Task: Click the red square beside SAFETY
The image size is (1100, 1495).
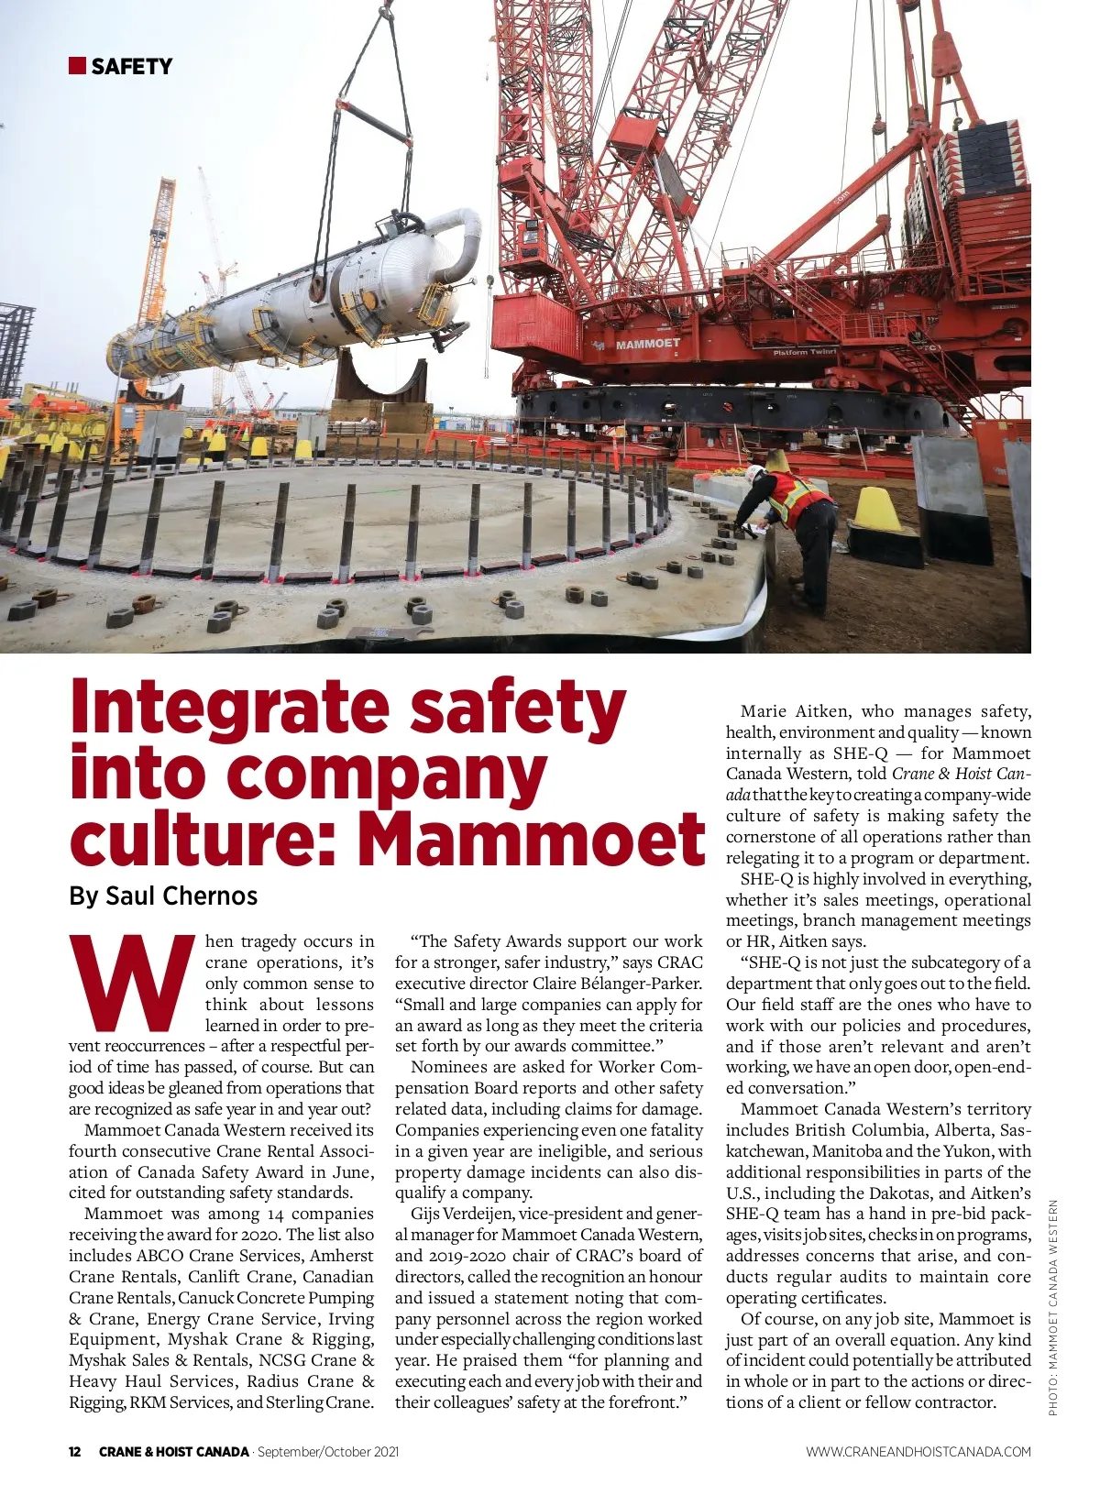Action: [77, 65]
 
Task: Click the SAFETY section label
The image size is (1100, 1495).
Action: [132, 66]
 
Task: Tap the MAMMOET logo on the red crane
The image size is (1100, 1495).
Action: [646, 344]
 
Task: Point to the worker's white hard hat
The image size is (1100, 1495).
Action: [753, 473]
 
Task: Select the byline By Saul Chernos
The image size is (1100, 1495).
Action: [163, 896]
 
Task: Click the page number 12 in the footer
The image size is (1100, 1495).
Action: [75, 1451]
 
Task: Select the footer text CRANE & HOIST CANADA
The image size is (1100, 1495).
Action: [174, 1451]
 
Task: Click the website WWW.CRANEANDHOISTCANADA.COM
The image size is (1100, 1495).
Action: [918, 1451]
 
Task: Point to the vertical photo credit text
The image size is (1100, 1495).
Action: [1053, 1306]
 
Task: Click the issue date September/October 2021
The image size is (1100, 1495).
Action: [328, 1451]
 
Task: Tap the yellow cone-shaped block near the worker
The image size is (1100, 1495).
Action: [877, 510]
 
